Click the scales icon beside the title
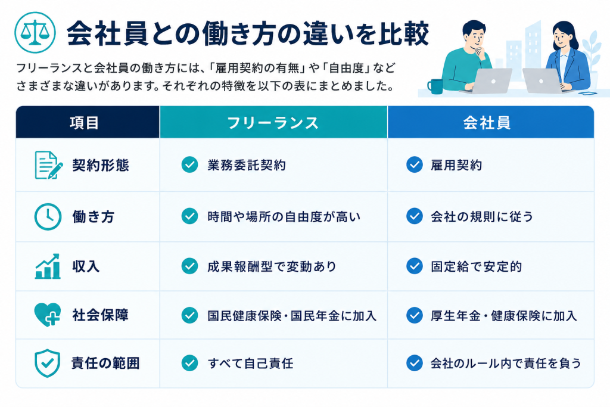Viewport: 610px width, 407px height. (35, 33)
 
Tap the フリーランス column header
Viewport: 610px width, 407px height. (273, 123)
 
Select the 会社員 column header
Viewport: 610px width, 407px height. (487, 123)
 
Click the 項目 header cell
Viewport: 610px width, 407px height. (85, 123)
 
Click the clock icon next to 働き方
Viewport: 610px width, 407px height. (48, 216)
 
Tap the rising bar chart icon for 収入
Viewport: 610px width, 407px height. (48, 266)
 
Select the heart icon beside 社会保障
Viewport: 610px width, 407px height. (48, 315)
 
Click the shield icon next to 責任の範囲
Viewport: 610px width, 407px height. (48, 363)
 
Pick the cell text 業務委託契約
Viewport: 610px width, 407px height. (247, 165)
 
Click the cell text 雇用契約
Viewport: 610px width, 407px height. (456, 165)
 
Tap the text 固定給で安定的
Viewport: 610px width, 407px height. (476, 266)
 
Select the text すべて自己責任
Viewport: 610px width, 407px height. (251, 363)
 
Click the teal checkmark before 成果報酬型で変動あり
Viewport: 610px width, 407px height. (190, 266)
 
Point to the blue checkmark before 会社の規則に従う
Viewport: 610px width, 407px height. (415, 216)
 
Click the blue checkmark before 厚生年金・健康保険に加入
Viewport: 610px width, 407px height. (415, 315)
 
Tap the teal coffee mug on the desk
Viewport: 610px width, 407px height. (435, 86)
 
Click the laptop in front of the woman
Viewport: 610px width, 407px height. (542, 80)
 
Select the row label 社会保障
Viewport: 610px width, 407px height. (100, 315)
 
